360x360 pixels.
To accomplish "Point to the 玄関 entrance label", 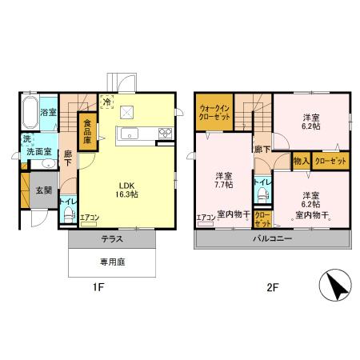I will [44, 191].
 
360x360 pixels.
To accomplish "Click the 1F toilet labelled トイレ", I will [67, 206].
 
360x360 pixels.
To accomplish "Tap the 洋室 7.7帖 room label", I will [224, 180].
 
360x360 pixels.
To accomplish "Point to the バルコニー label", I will [273, 239].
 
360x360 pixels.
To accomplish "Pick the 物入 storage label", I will [301, 162].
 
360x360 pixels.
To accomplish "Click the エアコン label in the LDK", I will [90, 217].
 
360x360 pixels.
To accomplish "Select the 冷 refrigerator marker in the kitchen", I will [107, 102].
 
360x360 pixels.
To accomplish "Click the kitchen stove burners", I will [166, 133].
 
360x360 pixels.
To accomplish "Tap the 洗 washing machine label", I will [26, 138].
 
